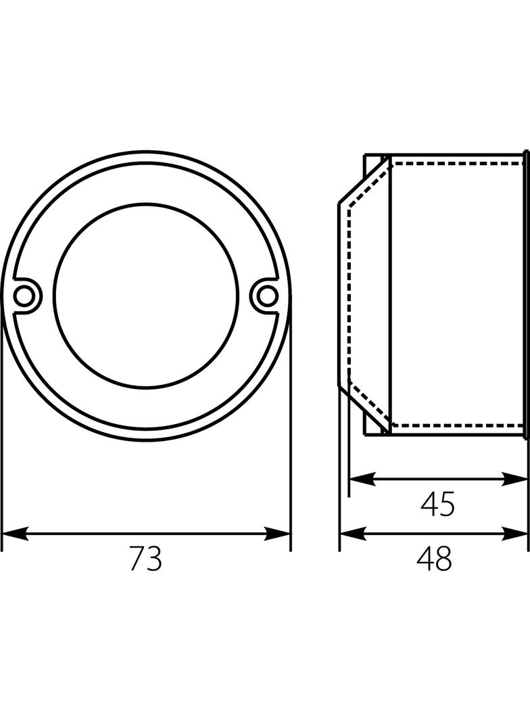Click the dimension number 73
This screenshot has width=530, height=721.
point(146,558)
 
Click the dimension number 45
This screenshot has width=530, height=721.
point(437,504)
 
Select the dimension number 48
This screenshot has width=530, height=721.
point(435,558)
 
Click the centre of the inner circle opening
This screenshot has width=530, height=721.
point(146,295)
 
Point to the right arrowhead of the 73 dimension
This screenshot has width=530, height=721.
point(278,534)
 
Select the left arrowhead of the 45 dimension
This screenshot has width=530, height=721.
point(362,479)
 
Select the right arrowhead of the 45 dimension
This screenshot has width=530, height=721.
point(514,479)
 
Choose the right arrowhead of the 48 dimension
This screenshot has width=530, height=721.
point(514,534)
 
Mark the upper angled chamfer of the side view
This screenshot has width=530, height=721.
point(364,180)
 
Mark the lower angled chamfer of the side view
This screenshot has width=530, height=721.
point(364,411)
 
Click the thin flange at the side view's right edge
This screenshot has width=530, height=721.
point(526,295)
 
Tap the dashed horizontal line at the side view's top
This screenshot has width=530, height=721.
point(458,162)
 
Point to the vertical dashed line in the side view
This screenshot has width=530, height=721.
point(348,295)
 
